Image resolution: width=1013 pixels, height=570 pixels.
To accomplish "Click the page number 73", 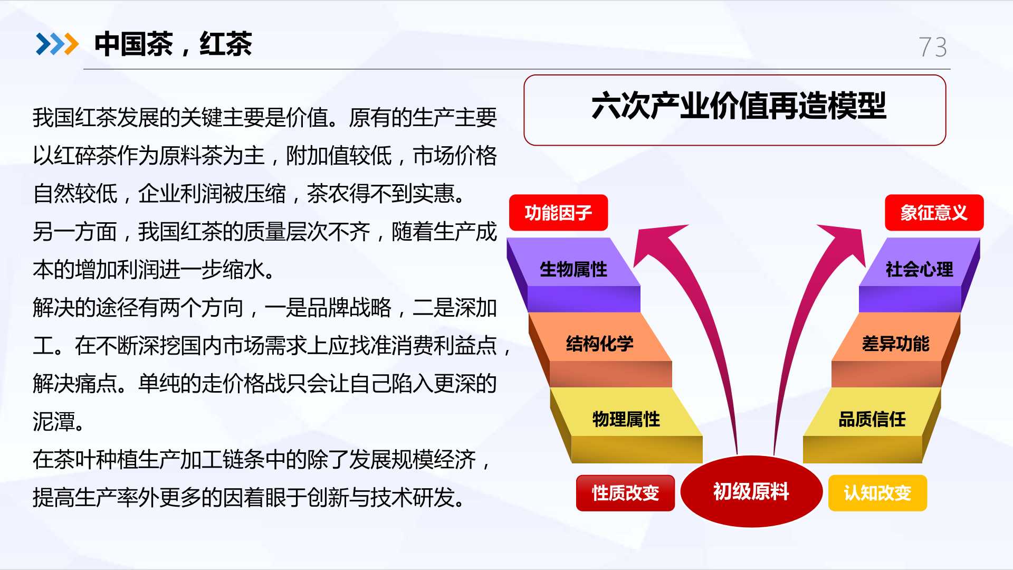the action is [x=932, y=47].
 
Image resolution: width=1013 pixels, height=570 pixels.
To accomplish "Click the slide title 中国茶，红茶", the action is [x=173, y=44].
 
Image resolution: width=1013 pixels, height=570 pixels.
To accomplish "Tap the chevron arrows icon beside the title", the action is [x=57, y=44].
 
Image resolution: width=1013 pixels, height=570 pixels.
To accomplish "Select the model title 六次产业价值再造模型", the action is [x=739, y=106].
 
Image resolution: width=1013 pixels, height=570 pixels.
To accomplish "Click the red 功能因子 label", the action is [x=558, y=213].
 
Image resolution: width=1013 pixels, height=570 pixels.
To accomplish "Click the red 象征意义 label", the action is [x=934, y=213].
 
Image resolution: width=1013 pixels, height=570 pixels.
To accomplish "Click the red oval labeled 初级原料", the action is [x=751, y=491].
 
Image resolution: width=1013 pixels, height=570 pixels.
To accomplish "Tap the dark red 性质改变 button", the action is [x=625, y=493].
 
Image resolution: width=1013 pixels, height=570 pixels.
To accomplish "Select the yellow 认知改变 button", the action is [x=877, y=493].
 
